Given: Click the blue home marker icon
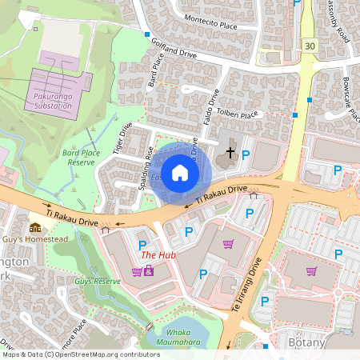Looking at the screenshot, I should point(180,172).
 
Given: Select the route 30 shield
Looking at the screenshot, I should point(310,46).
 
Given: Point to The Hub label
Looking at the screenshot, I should point(158,255).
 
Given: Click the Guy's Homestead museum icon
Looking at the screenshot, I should point(34,228).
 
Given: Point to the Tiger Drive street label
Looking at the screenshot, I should point(122,138).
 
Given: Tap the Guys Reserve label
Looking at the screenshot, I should point(98,282).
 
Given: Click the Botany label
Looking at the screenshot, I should point(306,342).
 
